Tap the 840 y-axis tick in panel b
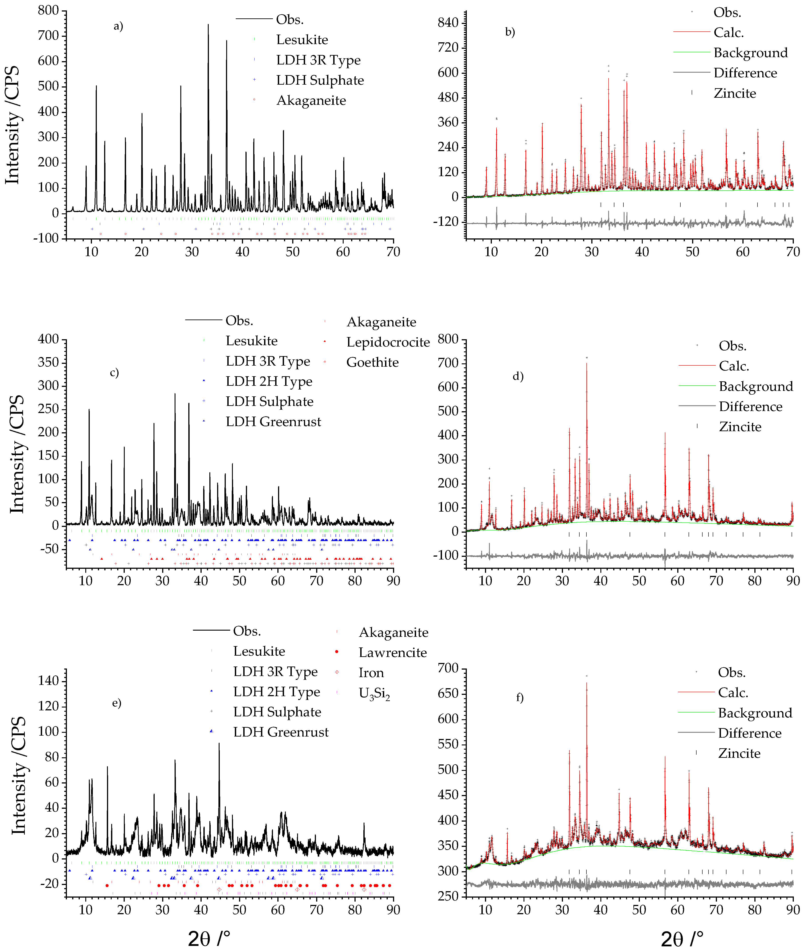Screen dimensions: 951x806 [448, 23]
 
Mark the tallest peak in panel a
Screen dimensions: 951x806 [208, 25]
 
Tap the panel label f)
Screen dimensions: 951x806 [520, 698]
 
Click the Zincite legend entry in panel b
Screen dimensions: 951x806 [735, 93]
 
